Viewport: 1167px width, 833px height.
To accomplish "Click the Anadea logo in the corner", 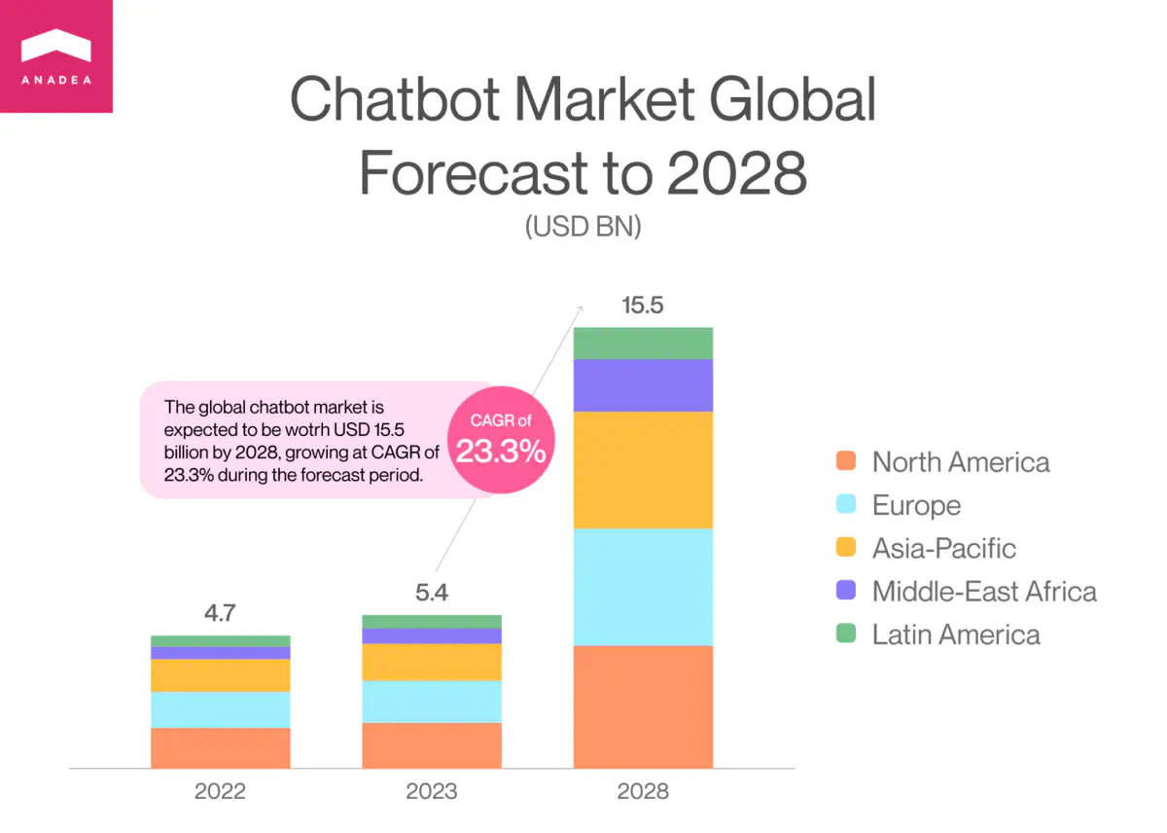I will pos(55,55).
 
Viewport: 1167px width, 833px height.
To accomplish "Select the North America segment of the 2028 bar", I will pos(643,706).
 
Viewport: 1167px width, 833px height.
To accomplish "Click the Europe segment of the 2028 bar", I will pos(643,587).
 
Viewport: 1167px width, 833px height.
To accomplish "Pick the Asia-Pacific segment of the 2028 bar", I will pos(643,469).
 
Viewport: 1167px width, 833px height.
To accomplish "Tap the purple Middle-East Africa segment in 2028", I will pos(643,385).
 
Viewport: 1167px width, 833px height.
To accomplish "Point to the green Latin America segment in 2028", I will pos(643,343).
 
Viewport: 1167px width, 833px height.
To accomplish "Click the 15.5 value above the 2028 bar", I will pos(642,306).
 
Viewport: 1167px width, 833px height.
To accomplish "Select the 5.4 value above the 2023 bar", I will pos(431,593).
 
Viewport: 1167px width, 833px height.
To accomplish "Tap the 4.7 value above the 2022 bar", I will pos(220,613).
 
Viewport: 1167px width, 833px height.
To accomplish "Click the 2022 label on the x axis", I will pos(220,791).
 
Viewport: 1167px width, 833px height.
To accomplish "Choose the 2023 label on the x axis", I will pos(431,791).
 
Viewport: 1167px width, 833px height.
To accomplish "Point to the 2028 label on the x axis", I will pos(643,791).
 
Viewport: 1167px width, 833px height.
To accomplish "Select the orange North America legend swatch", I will pos(846,461).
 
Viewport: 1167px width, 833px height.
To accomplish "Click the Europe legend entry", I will pos(915,505).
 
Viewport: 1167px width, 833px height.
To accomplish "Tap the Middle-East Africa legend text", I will pos(983,591).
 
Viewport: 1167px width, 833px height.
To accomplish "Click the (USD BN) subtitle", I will pos(583,227).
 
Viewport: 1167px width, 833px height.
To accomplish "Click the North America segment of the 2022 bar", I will pos(220,747).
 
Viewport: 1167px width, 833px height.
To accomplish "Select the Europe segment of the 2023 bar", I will pos(431,701).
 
